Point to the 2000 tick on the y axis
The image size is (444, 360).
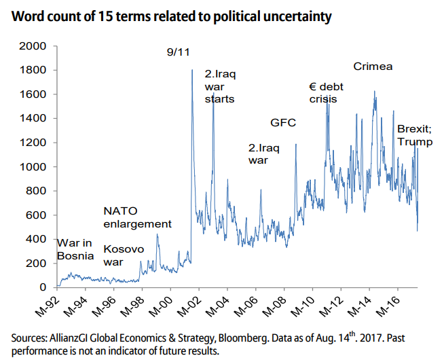click(x=33, y=46)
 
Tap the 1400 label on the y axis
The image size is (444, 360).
click(x=33, y=119)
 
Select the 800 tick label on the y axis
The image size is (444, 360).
click(x=36, y=192)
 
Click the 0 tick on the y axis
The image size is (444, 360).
click(x=43, y=288)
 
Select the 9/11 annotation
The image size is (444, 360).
click(x=178, y=51)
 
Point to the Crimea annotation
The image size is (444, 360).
click(x=373, y=67)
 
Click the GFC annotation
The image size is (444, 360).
click(x=283, y=124)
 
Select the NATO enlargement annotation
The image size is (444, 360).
click(x=137, y=217)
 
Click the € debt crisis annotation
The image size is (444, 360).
click(x=324, y=92)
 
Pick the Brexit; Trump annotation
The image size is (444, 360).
click(x=414, y=135)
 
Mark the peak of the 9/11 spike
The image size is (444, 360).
click(x=192, y=70)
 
